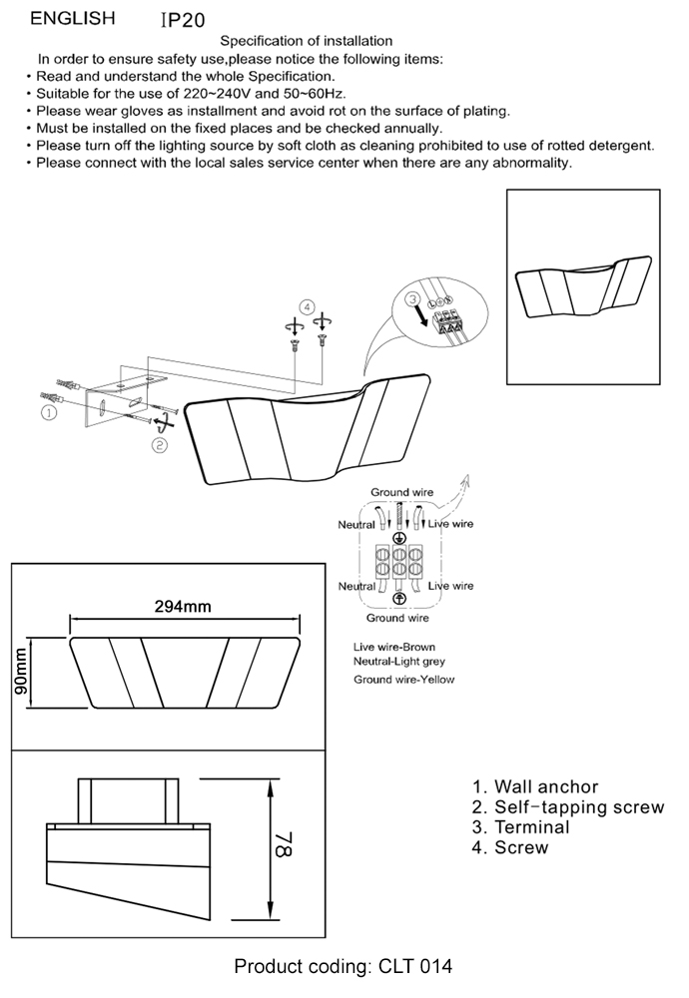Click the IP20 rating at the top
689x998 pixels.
(x=184, y=20)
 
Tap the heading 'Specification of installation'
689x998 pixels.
(x=306, y=41)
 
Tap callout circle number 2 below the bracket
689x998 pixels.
(x=159, y=445)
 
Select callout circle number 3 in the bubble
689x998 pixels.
(x=411, y=299)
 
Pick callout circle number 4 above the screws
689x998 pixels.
(x=308, y=306)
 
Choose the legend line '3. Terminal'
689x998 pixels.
(x=520, y=827)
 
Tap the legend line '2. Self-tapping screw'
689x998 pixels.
(x=567, y=807)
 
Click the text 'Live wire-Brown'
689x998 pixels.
(x=394, y=647)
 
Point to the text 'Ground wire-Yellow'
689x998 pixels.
(x=403, y=680)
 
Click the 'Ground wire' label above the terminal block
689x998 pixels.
(x=401, y=492)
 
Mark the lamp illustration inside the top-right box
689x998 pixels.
(x=582, y=283)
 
